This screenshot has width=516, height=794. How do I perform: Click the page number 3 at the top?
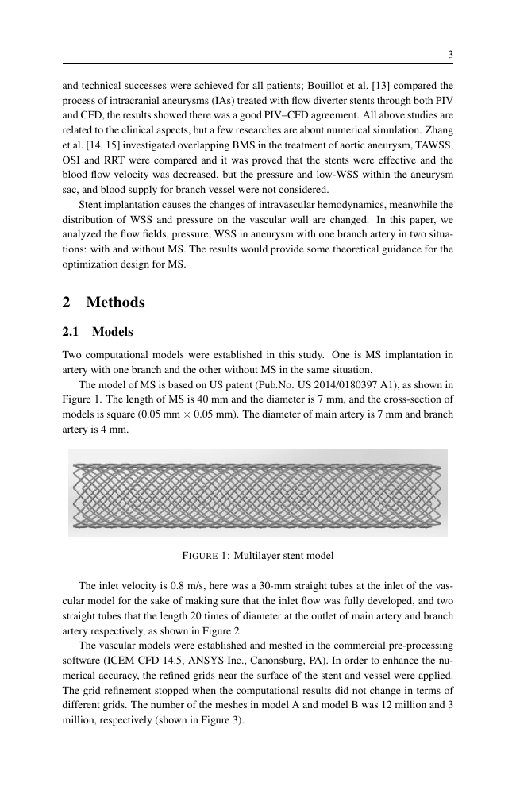tap(450, 55)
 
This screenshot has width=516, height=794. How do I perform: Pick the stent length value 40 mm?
tap(201, 399)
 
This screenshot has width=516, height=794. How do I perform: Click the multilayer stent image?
tap(257, 492)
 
